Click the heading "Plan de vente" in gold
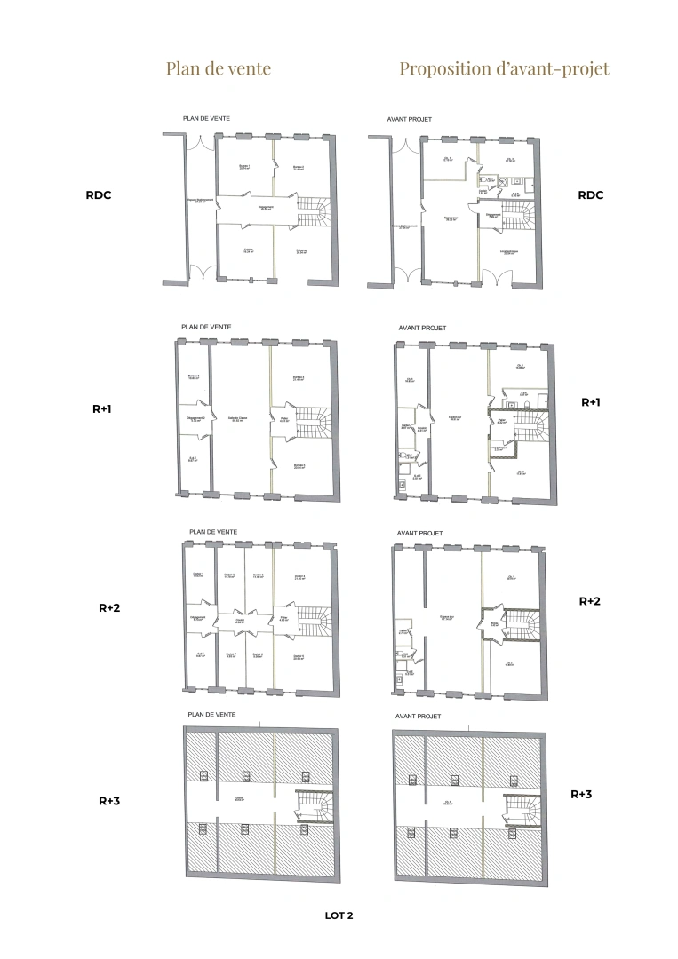[218, 68]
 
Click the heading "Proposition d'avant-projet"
[504, 68]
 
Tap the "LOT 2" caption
[339, 915]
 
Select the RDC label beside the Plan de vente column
[99, 195]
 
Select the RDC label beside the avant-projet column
[590, 195]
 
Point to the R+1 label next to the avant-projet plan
[591, 402]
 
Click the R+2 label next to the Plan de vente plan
[108, 608]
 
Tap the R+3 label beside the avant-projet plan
[581, 794]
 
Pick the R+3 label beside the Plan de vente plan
[108, 800]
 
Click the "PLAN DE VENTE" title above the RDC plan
[207, 118]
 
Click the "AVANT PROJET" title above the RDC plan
[410, 118]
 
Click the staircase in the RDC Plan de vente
[312, 211]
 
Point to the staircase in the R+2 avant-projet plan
[521, 625]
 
